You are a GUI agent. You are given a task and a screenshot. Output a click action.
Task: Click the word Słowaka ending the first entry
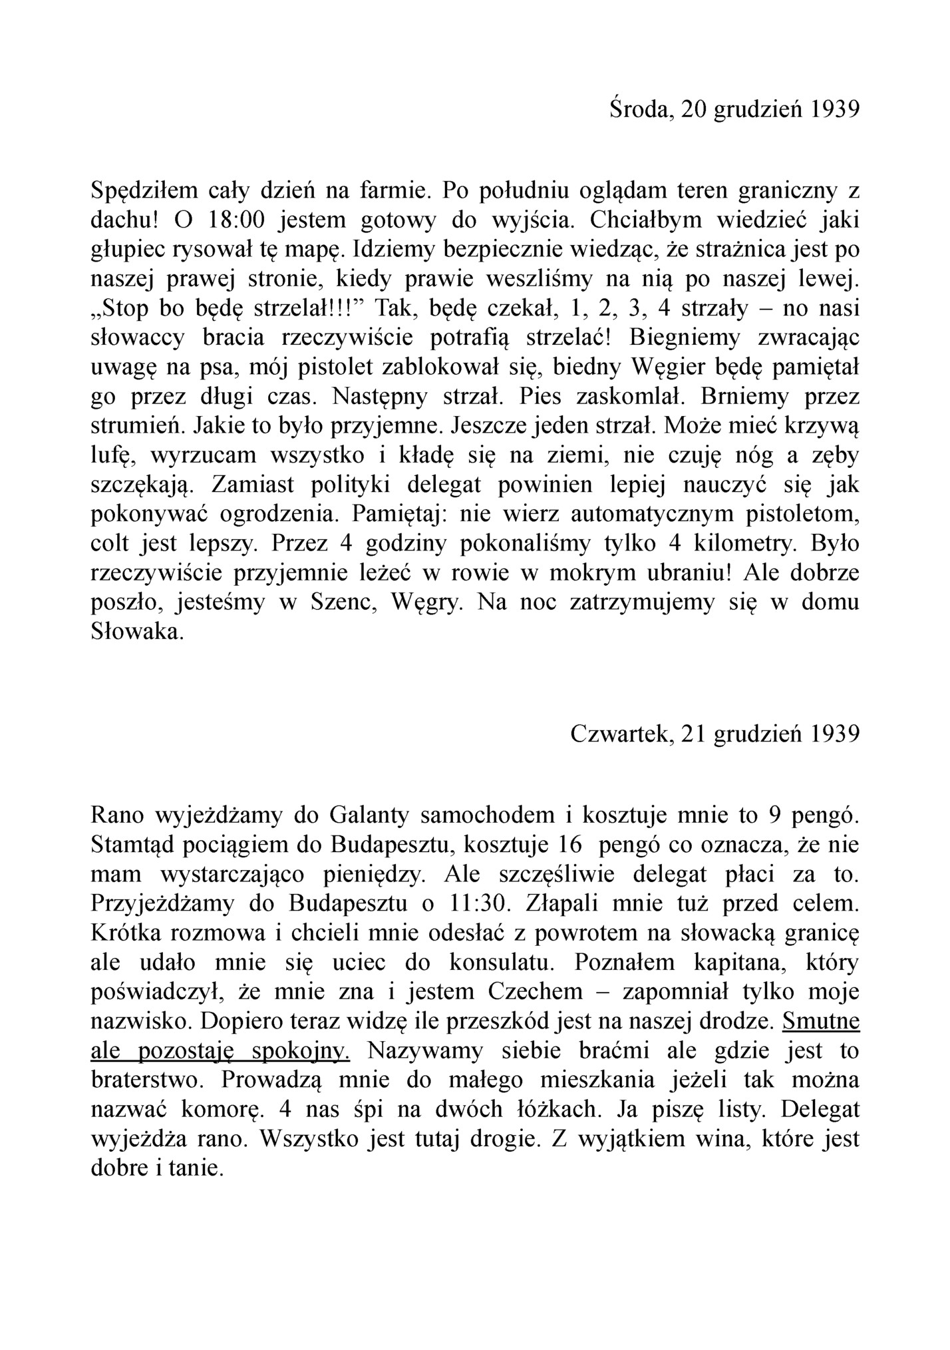[x=136, y=632]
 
